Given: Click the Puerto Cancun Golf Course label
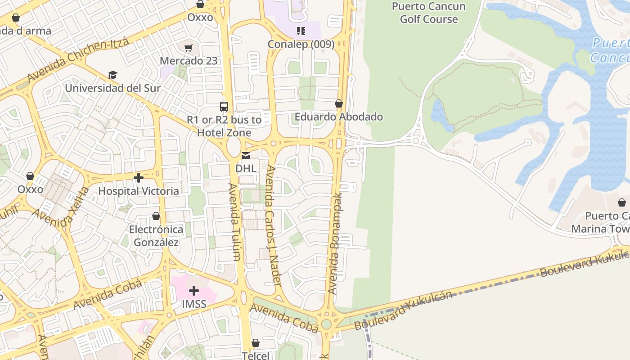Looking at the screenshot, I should pyautogui.click(x=428, y=13).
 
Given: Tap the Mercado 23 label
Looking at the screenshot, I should pyautogui.click(x=189, y=61).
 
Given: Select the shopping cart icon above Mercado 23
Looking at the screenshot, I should pyautogui.click(x=189, y=48).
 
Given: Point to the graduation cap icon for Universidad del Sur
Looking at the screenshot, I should pyautogui.click(x=112, y=75).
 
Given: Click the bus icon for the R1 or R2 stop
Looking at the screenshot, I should pyautogui.click(x=224, y=107).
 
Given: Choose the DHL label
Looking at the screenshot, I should pyautogui.click(x=246, y=168).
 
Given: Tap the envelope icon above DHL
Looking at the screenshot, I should pyautogui.click(x=246, y=156).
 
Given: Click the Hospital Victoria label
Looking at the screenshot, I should pyautogui.click(x=139, y=191).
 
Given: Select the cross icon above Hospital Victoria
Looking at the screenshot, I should pyautogui.click(x=139, y=178).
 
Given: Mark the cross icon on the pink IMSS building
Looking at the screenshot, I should pyautogui.click(x=194, y=291).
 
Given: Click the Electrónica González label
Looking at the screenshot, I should pyautogui.click(x=156, y=236).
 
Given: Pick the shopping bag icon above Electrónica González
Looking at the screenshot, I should pyautogui.click(x=156, y=216).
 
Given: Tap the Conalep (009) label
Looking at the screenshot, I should pyautogui.click(x=301, y=44).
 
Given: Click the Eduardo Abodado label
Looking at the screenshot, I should pyautogui.click(x=338, y=117).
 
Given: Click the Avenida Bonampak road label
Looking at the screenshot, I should pyautogui.click(x=335, y=243).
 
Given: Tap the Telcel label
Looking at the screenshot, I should pyautogui.click(x=256, y=355).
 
